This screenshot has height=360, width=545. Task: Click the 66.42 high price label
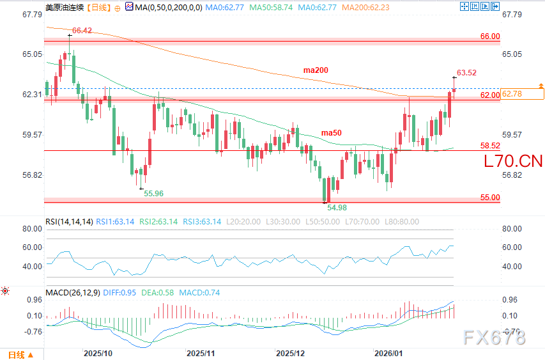pyautogui.click(x=82, y=30)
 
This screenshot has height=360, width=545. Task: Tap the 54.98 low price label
pyautogui.click(x=337, y=207)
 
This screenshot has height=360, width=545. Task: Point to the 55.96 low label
pyautogui.click(x=153, y=193)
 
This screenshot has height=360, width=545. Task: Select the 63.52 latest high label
pyautogui.click(x=467, y=72)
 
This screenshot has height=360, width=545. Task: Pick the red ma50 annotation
pyautogui.click(x=331, y=132)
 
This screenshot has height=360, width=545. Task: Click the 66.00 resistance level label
pyautogui.click(x=490, y=36)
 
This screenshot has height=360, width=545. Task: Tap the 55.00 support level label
pyautogui.click(x=490, y=198)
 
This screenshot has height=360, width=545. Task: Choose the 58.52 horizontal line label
pyautogui.click(x=490, y=146)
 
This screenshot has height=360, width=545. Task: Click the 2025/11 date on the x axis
pyautogui.click(x=201, y=352)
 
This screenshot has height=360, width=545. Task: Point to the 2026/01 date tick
pyautogui.click(x=388, y=352)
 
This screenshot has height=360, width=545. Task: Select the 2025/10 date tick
pyautogui.click(x=98, y=352)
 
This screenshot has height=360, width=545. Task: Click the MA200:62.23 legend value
pyautogui.click(x=366, y=8)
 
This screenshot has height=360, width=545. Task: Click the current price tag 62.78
pyautogui.click(x=513, y=94)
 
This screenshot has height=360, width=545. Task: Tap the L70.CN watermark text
pyautogui.click(x=513, y=160)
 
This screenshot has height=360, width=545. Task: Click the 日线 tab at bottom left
pyautogui.click(x=17, y=354)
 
